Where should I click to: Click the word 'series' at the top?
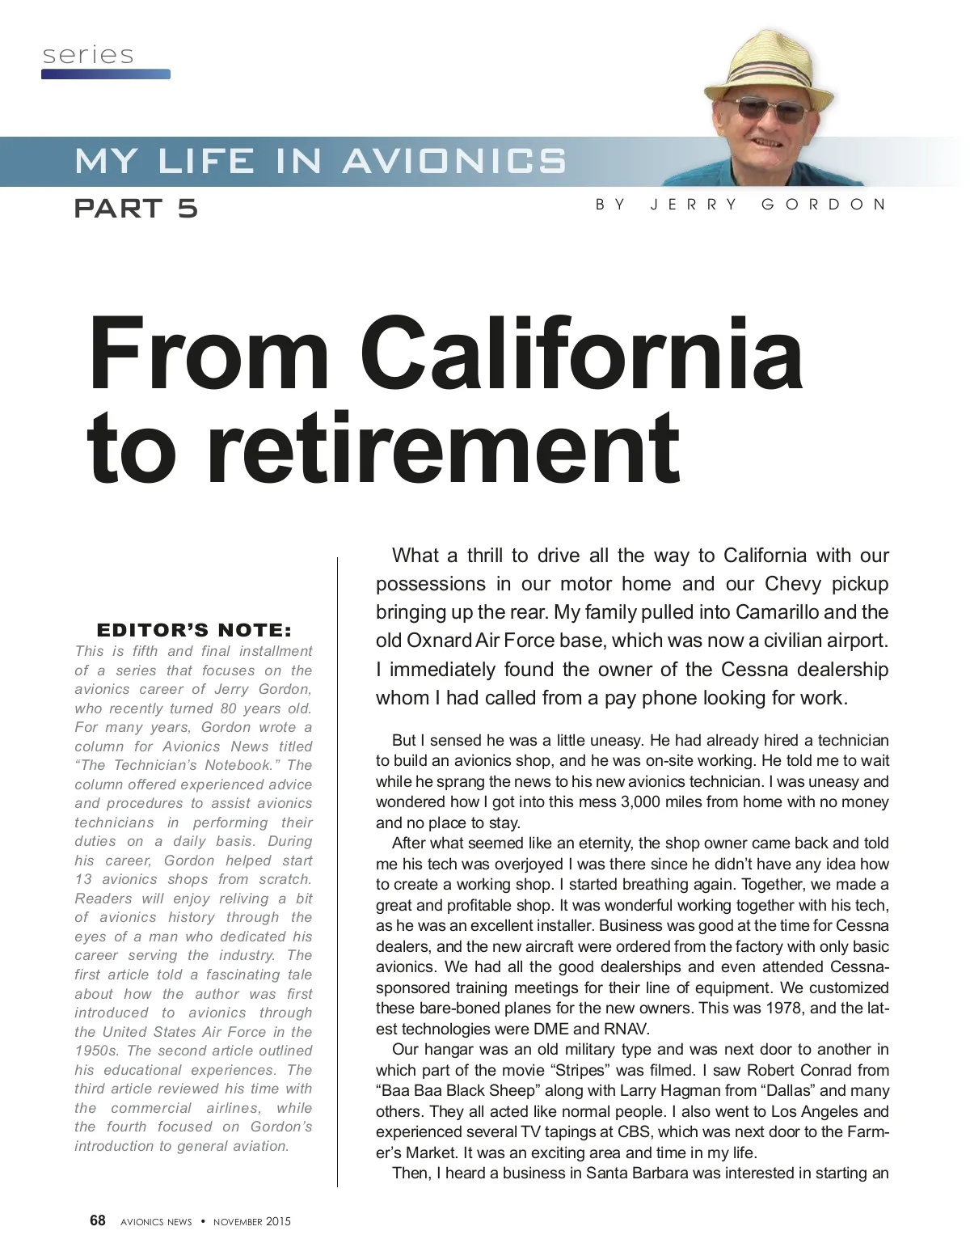[x=88, y=55]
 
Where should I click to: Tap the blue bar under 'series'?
[x=106, y=74]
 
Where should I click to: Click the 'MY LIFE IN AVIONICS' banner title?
[x=320, y=161]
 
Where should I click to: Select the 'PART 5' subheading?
[x=136, y=209]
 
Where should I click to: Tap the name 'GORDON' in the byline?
[x=824, y=205]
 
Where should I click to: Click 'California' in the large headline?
[x=581, y=355]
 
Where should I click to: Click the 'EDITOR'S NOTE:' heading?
[x=194, y=630]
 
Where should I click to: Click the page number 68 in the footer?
[x=98, y=1220]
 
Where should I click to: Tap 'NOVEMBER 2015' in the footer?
[x=251, y=1221]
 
